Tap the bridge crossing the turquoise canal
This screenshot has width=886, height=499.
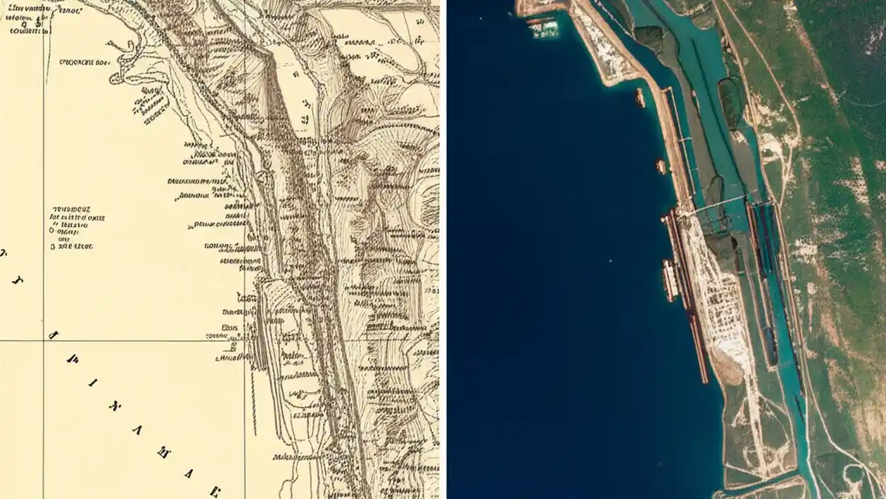coord(720,204)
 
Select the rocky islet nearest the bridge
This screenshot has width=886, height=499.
coord(661,166)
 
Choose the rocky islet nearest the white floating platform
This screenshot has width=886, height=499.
coord(640,97)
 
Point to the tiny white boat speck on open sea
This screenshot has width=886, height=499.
coord(610,261)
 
